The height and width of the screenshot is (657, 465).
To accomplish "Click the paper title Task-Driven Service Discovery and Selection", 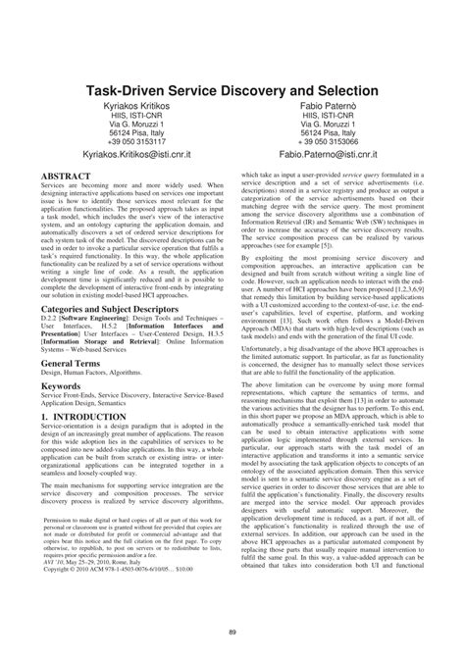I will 232,88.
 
